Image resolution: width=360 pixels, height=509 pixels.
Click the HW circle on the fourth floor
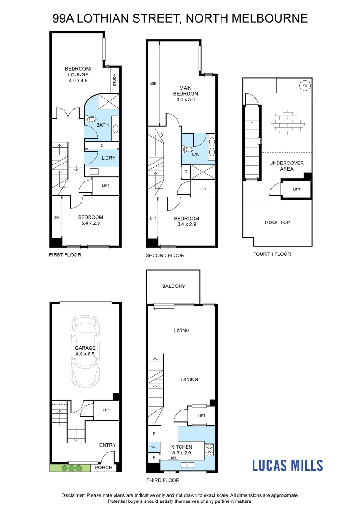[x=304, y=86]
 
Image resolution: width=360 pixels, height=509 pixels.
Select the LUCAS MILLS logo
[x=287, y=466]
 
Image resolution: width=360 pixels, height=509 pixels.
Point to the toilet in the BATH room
[x=91, y=120]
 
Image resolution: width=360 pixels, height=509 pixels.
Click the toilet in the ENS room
[x=188, y=150]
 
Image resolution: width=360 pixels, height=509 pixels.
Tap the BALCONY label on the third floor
[x=173, y=287]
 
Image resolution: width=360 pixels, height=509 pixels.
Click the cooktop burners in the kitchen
[x=210, y=451]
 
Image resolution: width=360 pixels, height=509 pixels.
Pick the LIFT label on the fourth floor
[x=296, y=189]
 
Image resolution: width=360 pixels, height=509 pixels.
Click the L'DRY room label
[x=102, y=158]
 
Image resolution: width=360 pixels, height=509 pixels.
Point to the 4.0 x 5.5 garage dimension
[x=85, y=353]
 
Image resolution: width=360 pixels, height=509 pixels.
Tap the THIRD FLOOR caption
[x=163, y=480]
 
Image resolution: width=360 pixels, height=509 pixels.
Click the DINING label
[x=189, y=379]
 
